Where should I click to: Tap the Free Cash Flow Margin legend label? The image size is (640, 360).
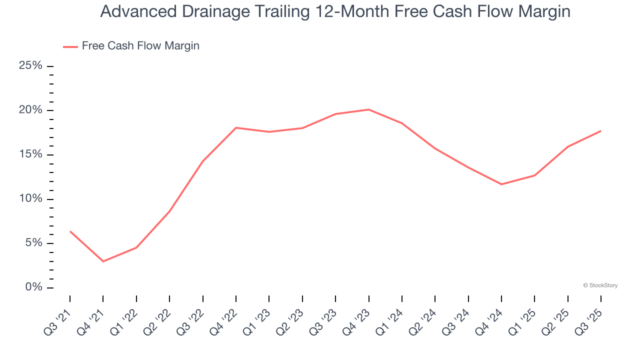[x=140, y=46]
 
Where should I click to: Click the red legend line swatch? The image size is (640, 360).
[x=70, y=46]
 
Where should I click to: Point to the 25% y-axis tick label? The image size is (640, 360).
[x=30, y=66]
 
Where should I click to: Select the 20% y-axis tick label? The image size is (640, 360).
[x=30, y=110]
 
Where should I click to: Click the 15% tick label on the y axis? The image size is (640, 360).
[x=30, y=154]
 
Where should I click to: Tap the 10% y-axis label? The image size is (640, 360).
[x=30, y=199]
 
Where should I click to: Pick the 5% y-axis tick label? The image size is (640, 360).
[x=33, y=243]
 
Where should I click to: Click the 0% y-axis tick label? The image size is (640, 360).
[x=33, y=287]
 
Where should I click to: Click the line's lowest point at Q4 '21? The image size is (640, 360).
[x=103, y=261]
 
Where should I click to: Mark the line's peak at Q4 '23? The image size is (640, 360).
[x=368, y=109]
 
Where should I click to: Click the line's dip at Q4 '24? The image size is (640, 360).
[x=501, y=184]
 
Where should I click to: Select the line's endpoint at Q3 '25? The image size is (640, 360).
[x=600, y=131]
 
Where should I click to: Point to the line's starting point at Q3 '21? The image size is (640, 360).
[x=70, y=231]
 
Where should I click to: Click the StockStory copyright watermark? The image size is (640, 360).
[x=600, y=285]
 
